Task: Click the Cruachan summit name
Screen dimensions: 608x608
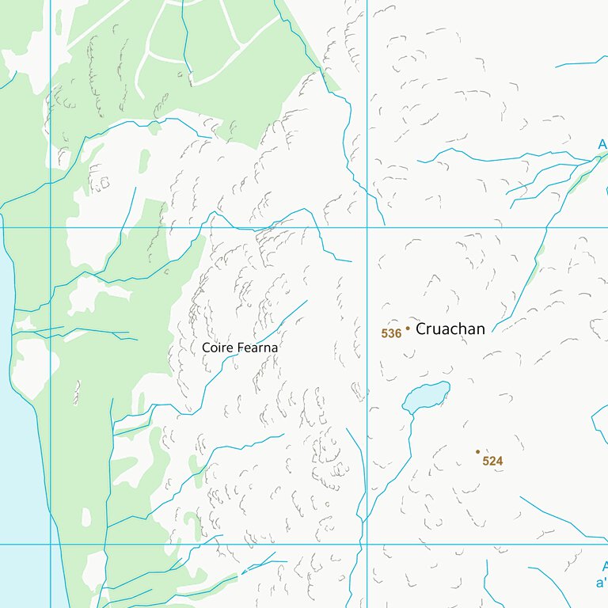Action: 450,329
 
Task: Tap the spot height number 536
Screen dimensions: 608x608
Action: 391,334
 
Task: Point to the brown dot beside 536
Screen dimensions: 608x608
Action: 408,328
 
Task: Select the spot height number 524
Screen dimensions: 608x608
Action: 492,461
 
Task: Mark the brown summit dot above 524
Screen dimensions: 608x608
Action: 477,451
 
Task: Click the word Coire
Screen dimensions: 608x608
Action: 216,348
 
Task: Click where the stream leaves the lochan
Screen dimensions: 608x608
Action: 411,412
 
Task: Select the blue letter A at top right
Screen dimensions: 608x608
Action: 602,145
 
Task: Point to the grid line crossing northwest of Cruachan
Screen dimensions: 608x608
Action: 367,228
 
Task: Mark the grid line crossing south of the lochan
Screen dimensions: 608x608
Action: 367,544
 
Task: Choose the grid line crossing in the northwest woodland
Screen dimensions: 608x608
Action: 51,228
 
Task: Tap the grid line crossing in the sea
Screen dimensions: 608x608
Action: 51,544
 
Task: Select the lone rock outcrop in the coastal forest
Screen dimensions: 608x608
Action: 77,392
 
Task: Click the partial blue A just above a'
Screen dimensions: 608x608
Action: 603,567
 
